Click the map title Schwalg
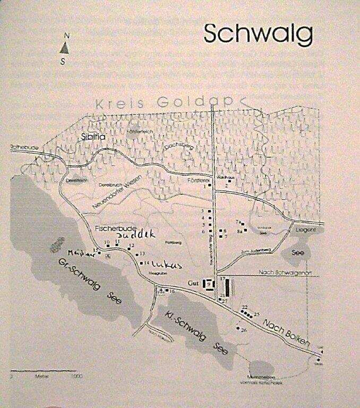258,34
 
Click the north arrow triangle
64,47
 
